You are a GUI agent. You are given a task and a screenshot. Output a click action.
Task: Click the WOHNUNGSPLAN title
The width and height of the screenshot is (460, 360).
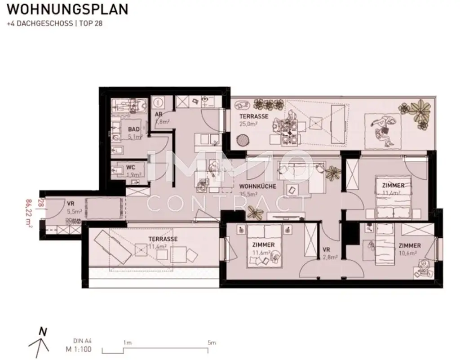click(68, 9)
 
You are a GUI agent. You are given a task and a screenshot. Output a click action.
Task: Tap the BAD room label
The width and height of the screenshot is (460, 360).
click(134, 129)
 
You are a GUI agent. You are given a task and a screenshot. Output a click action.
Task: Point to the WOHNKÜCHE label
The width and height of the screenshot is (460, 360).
click(257, 186)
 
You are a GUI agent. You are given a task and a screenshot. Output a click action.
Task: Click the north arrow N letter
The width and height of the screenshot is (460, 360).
click(43, 332)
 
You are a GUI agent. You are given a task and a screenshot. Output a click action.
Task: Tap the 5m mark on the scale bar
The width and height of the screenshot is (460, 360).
click(212, 342)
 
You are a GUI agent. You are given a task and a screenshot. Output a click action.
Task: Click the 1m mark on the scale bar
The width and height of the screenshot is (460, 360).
click(127, 342)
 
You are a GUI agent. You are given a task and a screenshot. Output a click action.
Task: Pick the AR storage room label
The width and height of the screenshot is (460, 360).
click(159, 114)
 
